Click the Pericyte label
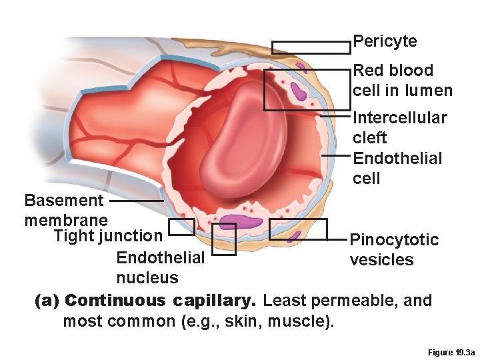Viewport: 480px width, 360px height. [385, 41]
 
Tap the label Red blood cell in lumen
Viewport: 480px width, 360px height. [402, 80]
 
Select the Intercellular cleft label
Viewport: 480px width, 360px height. [399, 127]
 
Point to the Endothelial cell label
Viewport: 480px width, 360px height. [397, 168]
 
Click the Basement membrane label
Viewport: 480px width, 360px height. [65, 209]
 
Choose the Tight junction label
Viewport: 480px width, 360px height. [108, 235]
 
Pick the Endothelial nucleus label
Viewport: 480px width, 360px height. [159, 267]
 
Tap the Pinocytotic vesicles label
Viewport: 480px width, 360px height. [394, 249]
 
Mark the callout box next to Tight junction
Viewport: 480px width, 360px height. [181, 227]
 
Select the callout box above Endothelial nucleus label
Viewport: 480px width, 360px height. [223, 239]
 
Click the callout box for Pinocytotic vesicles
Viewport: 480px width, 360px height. [298, 229]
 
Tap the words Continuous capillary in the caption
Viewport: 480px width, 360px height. [164, 301]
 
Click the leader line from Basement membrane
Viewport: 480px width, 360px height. [136, 200]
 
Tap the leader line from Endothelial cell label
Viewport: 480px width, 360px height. [336, 156]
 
